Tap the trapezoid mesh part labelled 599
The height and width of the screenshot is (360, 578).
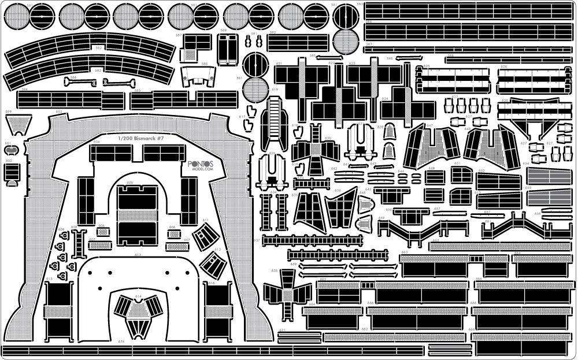tap(18, 123)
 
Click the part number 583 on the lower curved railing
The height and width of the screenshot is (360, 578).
tap(98, 70)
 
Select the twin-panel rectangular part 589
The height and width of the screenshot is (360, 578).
tap(227, 49)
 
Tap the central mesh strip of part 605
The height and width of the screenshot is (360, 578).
tap(137, 216)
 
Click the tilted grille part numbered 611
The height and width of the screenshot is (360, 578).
tap(206, 235)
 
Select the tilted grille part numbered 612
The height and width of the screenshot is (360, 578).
tap(213, 264)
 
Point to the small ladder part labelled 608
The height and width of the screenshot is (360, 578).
tap(79, 243)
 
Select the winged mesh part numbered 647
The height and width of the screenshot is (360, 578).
tap(432, 147)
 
